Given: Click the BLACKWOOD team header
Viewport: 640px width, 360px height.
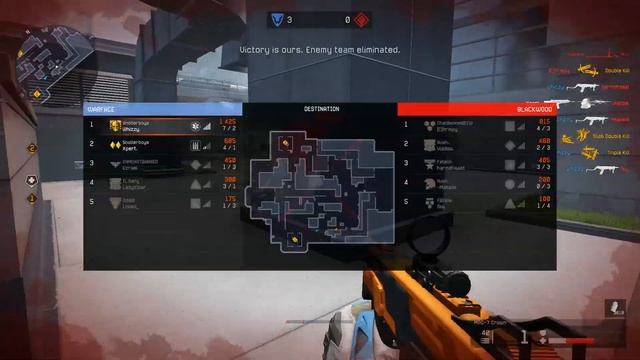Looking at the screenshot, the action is (536, 109).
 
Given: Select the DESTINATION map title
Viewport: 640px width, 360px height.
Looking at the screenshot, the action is (321, 109).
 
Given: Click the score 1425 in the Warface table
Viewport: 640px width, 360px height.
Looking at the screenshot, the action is (228, 123).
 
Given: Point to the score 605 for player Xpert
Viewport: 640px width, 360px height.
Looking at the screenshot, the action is (229, 141).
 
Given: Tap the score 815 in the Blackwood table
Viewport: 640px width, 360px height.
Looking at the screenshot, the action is (544, 123).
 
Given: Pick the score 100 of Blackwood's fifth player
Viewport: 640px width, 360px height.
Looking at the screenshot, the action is (544, 199).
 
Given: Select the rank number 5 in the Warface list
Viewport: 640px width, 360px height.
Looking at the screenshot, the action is (91, 202).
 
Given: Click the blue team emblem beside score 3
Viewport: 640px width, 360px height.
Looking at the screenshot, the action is (274, 19).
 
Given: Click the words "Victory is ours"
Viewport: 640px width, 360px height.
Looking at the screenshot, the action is (274, 49).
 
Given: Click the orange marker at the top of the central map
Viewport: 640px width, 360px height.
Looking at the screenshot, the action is (287, 143).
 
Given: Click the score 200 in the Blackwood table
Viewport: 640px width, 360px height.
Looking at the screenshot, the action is (544, 180).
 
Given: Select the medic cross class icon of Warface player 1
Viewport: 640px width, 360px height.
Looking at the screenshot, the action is (195, 126).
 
